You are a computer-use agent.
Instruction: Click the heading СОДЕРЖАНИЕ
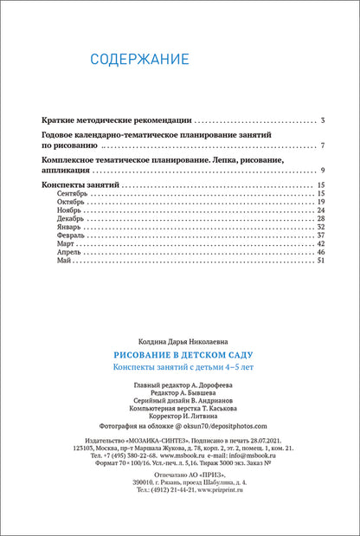(140, 60)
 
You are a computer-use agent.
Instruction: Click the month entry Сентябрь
(73, 193)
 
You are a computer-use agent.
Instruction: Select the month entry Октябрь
(72, 202)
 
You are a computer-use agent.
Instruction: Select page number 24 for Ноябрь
(320, 210)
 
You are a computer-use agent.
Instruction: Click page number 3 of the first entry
(322, 119)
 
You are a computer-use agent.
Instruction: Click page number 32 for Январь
(320, 227)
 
